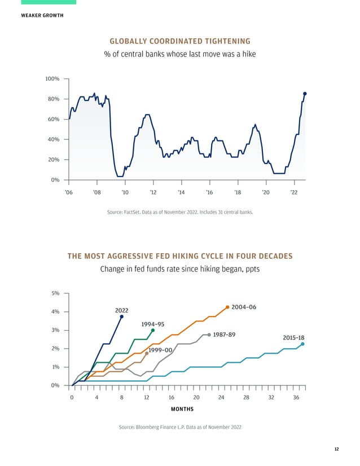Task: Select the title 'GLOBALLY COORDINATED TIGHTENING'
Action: pyautogui.click(x=180, y=41)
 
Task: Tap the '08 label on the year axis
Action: pyautogui.click(x=96, y=192)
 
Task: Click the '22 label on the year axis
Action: pyautogui.click(x=294, y=192)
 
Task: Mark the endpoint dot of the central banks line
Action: pyautogui.click(x=305, y=94)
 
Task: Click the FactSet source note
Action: pyautogui.click(x=180, y=213)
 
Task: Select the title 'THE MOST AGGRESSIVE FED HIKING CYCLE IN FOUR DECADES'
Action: pyautogui.click(x=180, y=256)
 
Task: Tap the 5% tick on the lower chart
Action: pyautogui.click(x=55, y=293)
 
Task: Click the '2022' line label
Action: pyautogui.click(x=121, y=310)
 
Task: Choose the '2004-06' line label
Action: pyautogui.click(x=244, y=307)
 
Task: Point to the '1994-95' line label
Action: pyautogui.click(x=152, y=324)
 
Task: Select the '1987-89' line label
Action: pyautogui.click(x=224, y=335)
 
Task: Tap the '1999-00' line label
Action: pyautogui.click(x=160, y=350)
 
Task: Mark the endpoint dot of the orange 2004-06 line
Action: pyautogui.click(x=227, y=307)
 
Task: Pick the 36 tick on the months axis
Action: pyautogui.click(x=296, y=397)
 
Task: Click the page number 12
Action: pyautogui.click(x=336, y=449)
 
